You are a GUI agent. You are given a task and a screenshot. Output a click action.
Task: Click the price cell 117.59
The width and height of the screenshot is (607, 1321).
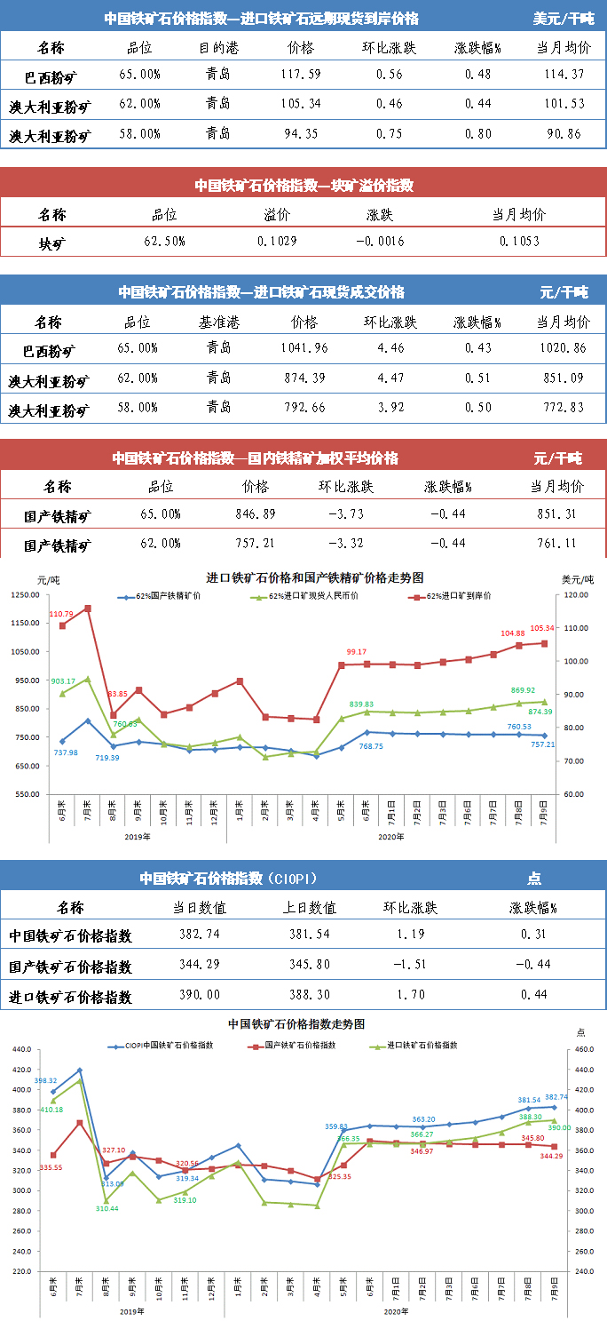[x=301, y=75]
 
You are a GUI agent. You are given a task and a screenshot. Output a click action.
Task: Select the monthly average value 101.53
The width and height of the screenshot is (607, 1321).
[x=561, y=104]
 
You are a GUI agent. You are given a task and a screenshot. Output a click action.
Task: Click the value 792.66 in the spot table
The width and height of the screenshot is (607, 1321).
[x=303, y=408]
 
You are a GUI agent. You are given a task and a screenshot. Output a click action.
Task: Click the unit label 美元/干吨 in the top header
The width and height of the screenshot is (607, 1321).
[x=564, y=18]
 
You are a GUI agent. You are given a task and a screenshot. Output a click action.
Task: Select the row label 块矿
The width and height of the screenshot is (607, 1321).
[x=52, y=243]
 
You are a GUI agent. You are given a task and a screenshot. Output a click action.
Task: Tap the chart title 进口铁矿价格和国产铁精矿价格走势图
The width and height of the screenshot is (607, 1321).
[x=303, y=577]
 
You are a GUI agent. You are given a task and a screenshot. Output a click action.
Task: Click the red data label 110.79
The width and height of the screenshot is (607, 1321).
[x=62, y=614]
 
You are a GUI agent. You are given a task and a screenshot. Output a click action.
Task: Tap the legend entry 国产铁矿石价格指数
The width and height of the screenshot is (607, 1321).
[x=300, y=1046]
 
